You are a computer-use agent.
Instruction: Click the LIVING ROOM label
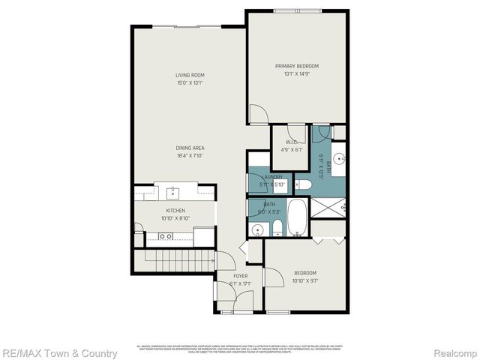pyautogui.click(x=190, y=75)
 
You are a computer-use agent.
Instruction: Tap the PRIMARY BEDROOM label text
pyautogui.click(x=297, y=66)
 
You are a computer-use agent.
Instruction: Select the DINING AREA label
pyautogui.click(x=190, y=148)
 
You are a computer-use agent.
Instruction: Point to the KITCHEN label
pyautogui.click(x=175, y=211)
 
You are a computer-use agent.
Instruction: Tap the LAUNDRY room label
pyautogui.click(x=271, y=177)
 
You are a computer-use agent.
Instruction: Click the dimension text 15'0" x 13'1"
pyautogui.click(x=190, y=82)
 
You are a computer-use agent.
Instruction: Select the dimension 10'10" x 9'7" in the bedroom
pyautogui.click(x=304, y=280)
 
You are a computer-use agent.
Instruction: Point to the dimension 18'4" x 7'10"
pyautogui.click(x=190, y=156)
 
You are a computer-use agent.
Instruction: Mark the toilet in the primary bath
pyautogui.click(x=302, y=184)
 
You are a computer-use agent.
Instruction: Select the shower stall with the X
pyautogui.click(x=328, y=208)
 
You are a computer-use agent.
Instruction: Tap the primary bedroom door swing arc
pyautogui.click(x=256, y=114)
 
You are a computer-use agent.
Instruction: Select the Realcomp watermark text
pyautogui.click(x=453, y=352)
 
